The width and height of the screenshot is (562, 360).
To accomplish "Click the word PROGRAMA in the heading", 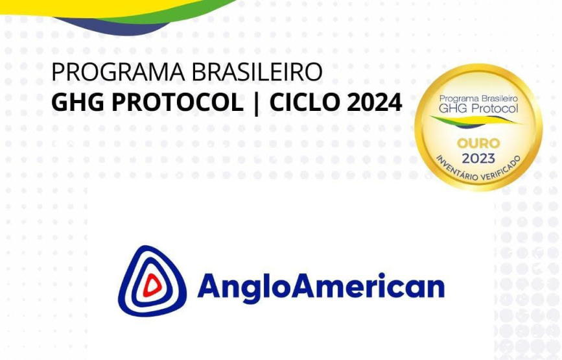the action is coord(118,72).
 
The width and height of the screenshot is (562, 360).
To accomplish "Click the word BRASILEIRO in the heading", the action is coord(257,72).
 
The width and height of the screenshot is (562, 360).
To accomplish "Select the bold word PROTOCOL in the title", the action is coord(178,102).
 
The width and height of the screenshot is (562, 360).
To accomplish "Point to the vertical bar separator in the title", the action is coord(256,103).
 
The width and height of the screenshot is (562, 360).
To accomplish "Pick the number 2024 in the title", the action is coord(374,102).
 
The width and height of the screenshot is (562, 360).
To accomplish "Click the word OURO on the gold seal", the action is coord(478,143).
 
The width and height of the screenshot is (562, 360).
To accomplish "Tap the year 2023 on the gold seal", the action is coord(478,158).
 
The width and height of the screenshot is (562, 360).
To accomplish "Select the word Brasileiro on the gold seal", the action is coord(499,99).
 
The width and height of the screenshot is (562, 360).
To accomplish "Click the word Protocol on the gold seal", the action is coord(495,108).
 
